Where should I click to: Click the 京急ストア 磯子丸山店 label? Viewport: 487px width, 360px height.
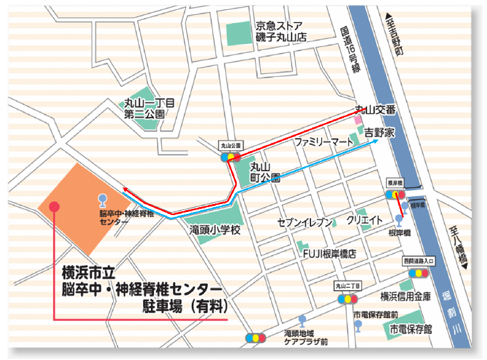pyautogui.click(x=281, y=31)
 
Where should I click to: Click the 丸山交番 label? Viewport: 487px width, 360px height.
pyautogui.click(x=376, y=110)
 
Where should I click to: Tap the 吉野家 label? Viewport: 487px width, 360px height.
pyautogui.click(x=379, y=131)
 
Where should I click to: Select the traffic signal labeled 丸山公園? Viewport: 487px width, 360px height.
pyautogui.click(x=231, y=157)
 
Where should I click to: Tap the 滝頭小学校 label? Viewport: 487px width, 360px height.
pyautogui.click(x=214, y=230)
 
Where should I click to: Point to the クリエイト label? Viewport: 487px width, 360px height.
pyautogui.click(x=365, y=220)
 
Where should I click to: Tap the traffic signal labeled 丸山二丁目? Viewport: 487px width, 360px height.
pyautogui.click(x=347, y=299)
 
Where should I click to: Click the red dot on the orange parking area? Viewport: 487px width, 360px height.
pyautogui.click(x=54, y=206)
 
